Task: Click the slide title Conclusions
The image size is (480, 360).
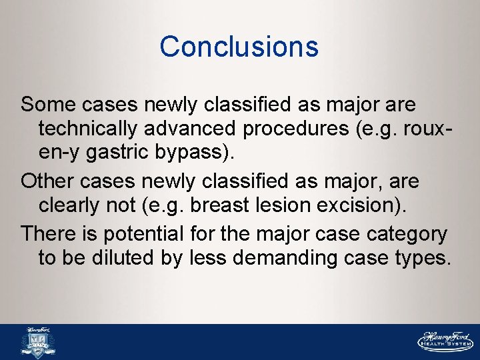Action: click(239, 47)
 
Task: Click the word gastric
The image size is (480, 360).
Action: click(127, 153)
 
